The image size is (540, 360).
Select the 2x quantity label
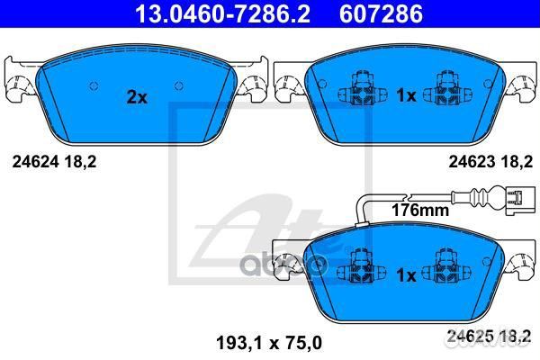click(x=137, y=98)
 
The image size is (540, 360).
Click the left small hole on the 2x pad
click(x=93, y=86)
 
